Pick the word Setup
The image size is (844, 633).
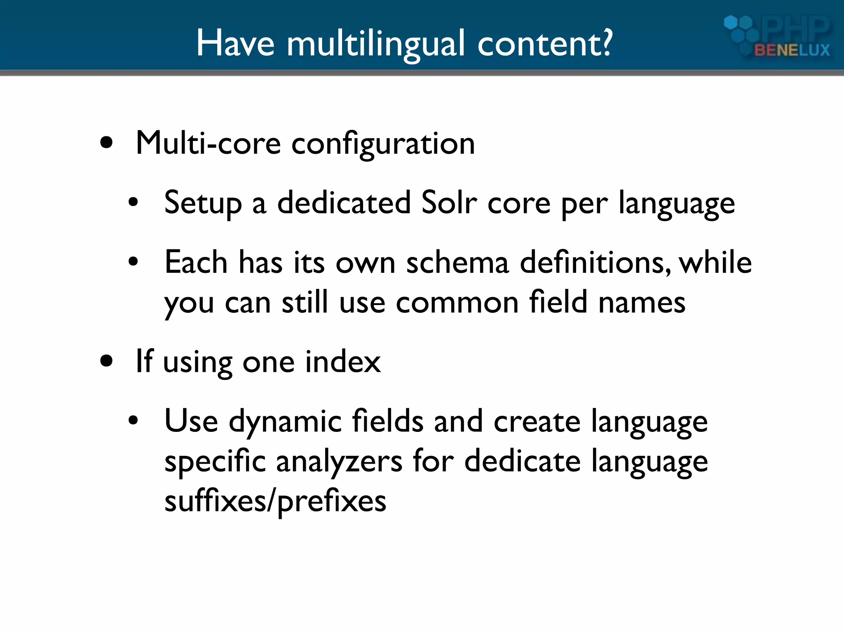[203, 204]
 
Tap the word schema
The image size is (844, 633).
[457, 263]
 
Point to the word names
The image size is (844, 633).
[642, 303]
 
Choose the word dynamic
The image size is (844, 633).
[285, 422]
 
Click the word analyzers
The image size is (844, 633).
[339, 462]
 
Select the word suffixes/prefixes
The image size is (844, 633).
[275, 502]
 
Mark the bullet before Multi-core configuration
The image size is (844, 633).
[107, 143]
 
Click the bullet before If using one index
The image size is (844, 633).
[107, 361]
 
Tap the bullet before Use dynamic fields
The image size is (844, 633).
[133, 421]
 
